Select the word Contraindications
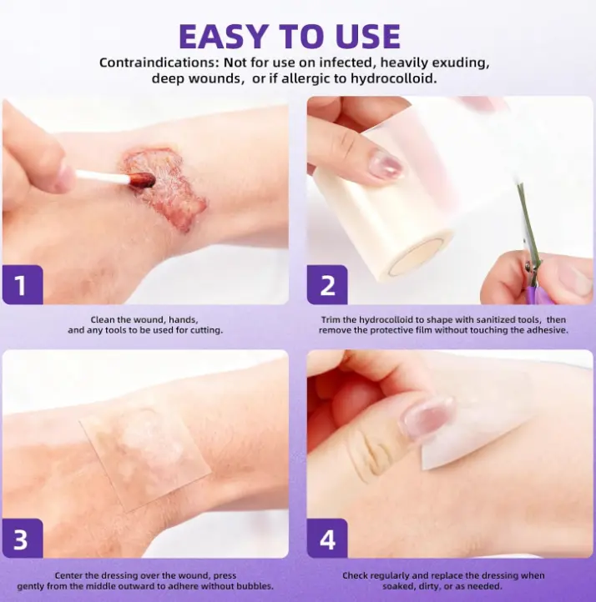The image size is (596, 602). [x=157, y=63]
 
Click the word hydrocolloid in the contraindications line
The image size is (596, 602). [x=393, y=78]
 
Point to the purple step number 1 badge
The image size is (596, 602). [x=23, y=284]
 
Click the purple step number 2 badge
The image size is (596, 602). [x=327, y=284]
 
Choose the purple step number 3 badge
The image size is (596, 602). [x=23, y=539]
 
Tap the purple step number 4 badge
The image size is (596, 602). [x=327, y=539]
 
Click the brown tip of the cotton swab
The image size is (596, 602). [x=141, y=179]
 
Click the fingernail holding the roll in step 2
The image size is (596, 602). [x=384, y=165]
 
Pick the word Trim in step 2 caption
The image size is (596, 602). [x=330, y=320]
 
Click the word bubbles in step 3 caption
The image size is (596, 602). [x=256, y=586]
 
